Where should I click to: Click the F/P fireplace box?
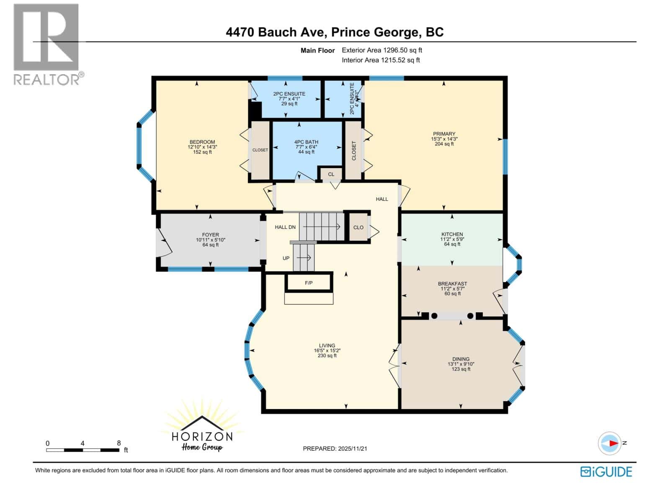point(309,283)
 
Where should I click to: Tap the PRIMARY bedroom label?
point(444,134)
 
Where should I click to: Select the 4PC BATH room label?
point(306,142)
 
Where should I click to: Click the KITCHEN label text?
point(452,234)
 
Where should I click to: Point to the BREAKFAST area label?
point(452,284)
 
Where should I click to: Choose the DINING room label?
point(461,359)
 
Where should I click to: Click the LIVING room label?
point(327,346)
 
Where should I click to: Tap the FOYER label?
point(210,235)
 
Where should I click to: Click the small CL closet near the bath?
point(331,174)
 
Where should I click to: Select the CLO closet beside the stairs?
point(358,228)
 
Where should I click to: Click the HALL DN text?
point(285,227)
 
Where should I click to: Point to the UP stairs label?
point(286,258)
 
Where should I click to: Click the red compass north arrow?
point(613,443)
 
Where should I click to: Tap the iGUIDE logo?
point(606,472)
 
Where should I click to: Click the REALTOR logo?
point(47,44)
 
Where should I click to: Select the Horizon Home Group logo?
point(202,432)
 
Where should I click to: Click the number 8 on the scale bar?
point(119,443)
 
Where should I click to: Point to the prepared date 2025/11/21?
point(335,449)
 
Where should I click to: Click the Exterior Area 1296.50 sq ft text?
point(382,50)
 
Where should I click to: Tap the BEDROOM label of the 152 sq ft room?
point(202,142)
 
